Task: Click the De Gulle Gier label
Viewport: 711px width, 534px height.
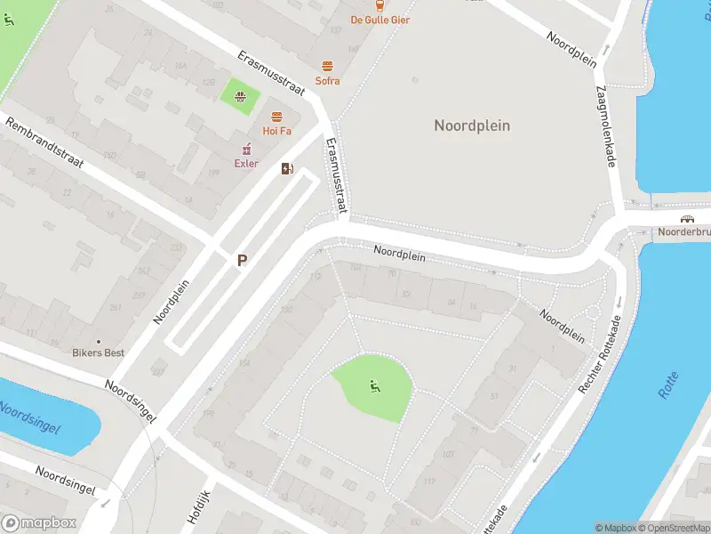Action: pos(379,20)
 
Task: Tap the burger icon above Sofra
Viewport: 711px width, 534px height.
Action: pos(327,67)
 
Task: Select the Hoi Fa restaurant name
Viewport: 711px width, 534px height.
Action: pos(276,131)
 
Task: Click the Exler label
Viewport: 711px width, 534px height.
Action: pos(246,163)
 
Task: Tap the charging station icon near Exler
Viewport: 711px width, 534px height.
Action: pos(287,168)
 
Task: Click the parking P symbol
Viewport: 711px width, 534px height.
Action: pos(241,261)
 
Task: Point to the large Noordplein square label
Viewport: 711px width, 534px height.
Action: pos(472,125)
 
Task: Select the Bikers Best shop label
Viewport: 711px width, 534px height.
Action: pos(98,352)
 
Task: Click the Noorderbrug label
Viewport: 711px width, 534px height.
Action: pos(683,232)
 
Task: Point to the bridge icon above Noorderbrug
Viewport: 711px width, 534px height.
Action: pos(687,219)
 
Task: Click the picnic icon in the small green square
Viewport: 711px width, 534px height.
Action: pos(239,96)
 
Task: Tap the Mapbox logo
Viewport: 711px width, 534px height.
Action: pos(38,522)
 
